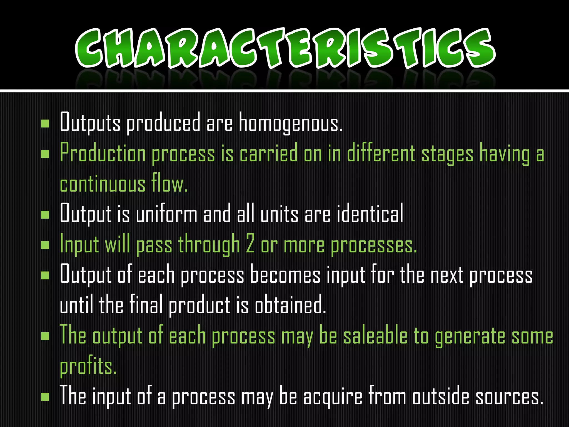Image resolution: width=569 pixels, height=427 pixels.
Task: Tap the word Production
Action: click(103, 154)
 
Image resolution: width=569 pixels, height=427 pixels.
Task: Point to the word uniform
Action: click(166, 214)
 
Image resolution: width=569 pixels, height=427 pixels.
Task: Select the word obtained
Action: click(290, 305)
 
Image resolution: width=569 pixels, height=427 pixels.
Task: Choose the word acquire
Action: click(333, 397)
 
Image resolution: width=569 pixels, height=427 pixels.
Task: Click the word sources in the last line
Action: click(509, 397)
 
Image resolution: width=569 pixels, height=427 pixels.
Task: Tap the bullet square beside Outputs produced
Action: click(45, 123)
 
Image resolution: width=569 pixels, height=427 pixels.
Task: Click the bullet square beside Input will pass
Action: click(45, 245)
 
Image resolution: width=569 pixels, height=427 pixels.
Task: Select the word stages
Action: click(447, 155)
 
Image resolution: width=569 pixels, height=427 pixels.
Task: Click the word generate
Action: click(470, 336)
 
